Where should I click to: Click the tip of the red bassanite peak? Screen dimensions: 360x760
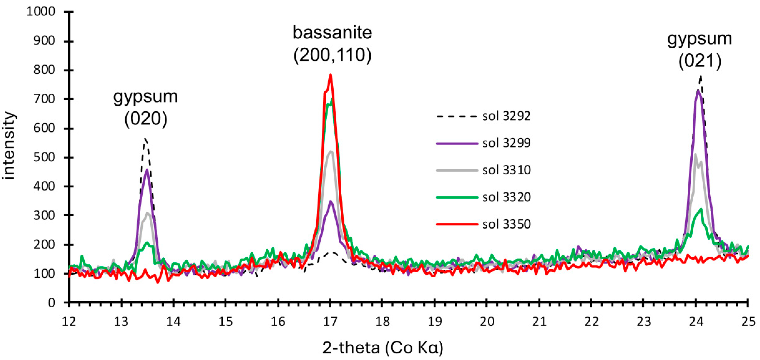click(x=331, y=75)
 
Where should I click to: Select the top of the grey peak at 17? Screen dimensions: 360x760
click(x=331, y=151)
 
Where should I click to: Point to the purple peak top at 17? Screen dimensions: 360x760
click(x=331, y=201)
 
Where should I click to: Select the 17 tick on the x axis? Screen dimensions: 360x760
click(x=330, y=302)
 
